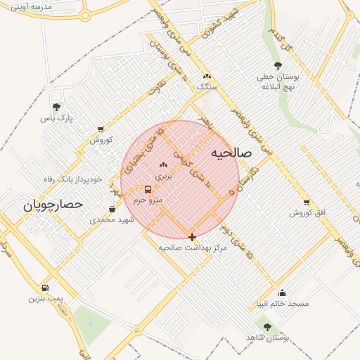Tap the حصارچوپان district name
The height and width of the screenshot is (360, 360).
(53, 205)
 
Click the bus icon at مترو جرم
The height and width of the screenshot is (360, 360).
(148, 189)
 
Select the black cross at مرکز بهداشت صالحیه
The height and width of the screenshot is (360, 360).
(192, 237)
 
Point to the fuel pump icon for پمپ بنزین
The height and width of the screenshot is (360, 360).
(46, 288)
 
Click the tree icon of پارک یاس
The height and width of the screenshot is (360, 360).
(56, 107)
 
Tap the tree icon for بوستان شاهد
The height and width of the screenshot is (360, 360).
(266, 327)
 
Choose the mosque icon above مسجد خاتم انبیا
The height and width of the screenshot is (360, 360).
(283, 293)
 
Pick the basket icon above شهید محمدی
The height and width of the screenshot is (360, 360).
(112, 209)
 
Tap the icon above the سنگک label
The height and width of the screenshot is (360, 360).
(206, 76)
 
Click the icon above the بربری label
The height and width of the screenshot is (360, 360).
(163, 164)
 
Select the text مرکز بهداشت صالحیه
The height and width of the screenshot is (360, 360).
(193, 248)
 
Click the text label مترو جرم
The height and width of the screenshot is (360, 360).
(148, 200)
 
